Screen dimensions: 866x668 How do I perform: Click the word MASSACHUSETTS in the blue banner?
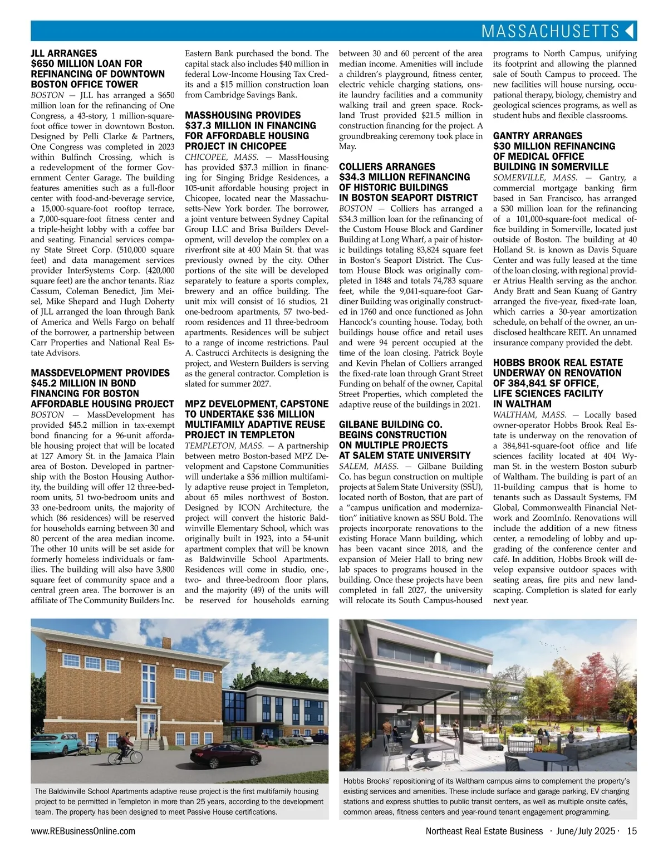[x=550, y=31]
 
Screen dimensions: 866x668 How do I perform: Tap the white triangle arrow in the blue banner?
[x=630, y=31]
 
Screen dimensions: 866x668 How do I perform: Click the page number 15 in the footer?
[x=631, y=831]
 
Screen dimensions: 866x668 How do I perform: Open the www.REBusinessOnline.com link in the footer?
[x=83, y=831]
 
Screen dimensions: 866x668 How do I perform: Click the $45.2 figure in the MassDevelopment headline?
[x=44, y=383]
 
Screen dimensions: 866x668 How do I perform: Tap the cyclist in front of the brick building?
[x=122, y=749]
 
